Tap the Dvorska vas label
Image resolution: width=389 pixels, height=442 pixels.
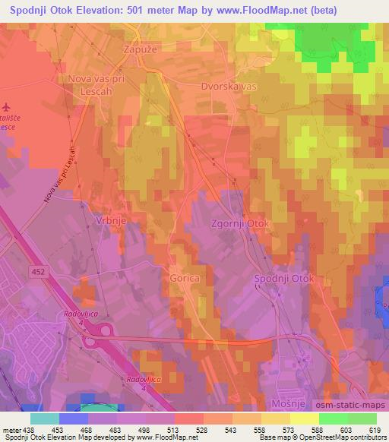click(229, 87)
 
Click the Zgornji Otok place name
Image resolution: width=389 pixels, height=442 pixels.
click(239, 225)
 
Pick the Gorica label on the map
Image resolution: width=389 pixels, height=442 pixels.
click(185, 279)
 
